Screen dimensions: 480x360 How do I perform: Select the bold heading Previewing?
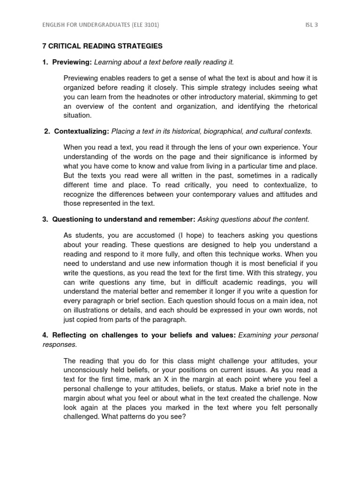72,62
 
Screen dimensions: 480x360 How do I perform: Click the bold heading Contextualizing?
82,131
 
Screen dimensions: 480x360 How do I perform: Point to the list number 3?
45,219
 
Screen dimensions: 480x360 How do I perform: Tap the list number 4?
45,335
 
